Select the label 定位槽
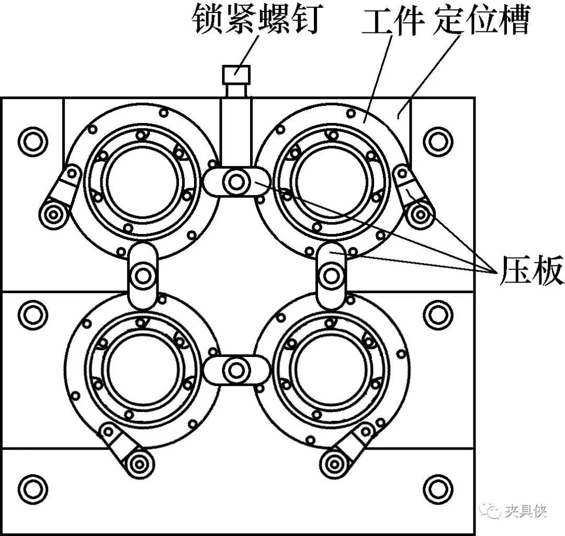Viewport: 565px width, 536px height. [x=482, y=21]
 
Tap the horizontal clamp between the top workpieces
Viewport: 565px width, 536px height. [x=236, y=182]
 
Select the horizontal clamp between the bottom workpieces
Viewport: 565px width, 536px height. [x=236, y=370]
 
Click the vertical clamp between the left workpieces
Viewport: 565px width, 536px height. [x=143, y=275]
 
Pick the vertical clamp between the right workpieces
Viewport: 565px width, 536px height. [x=331, y=274]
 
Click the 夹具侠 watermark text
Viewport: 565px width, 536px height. [x=526, y=510]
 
